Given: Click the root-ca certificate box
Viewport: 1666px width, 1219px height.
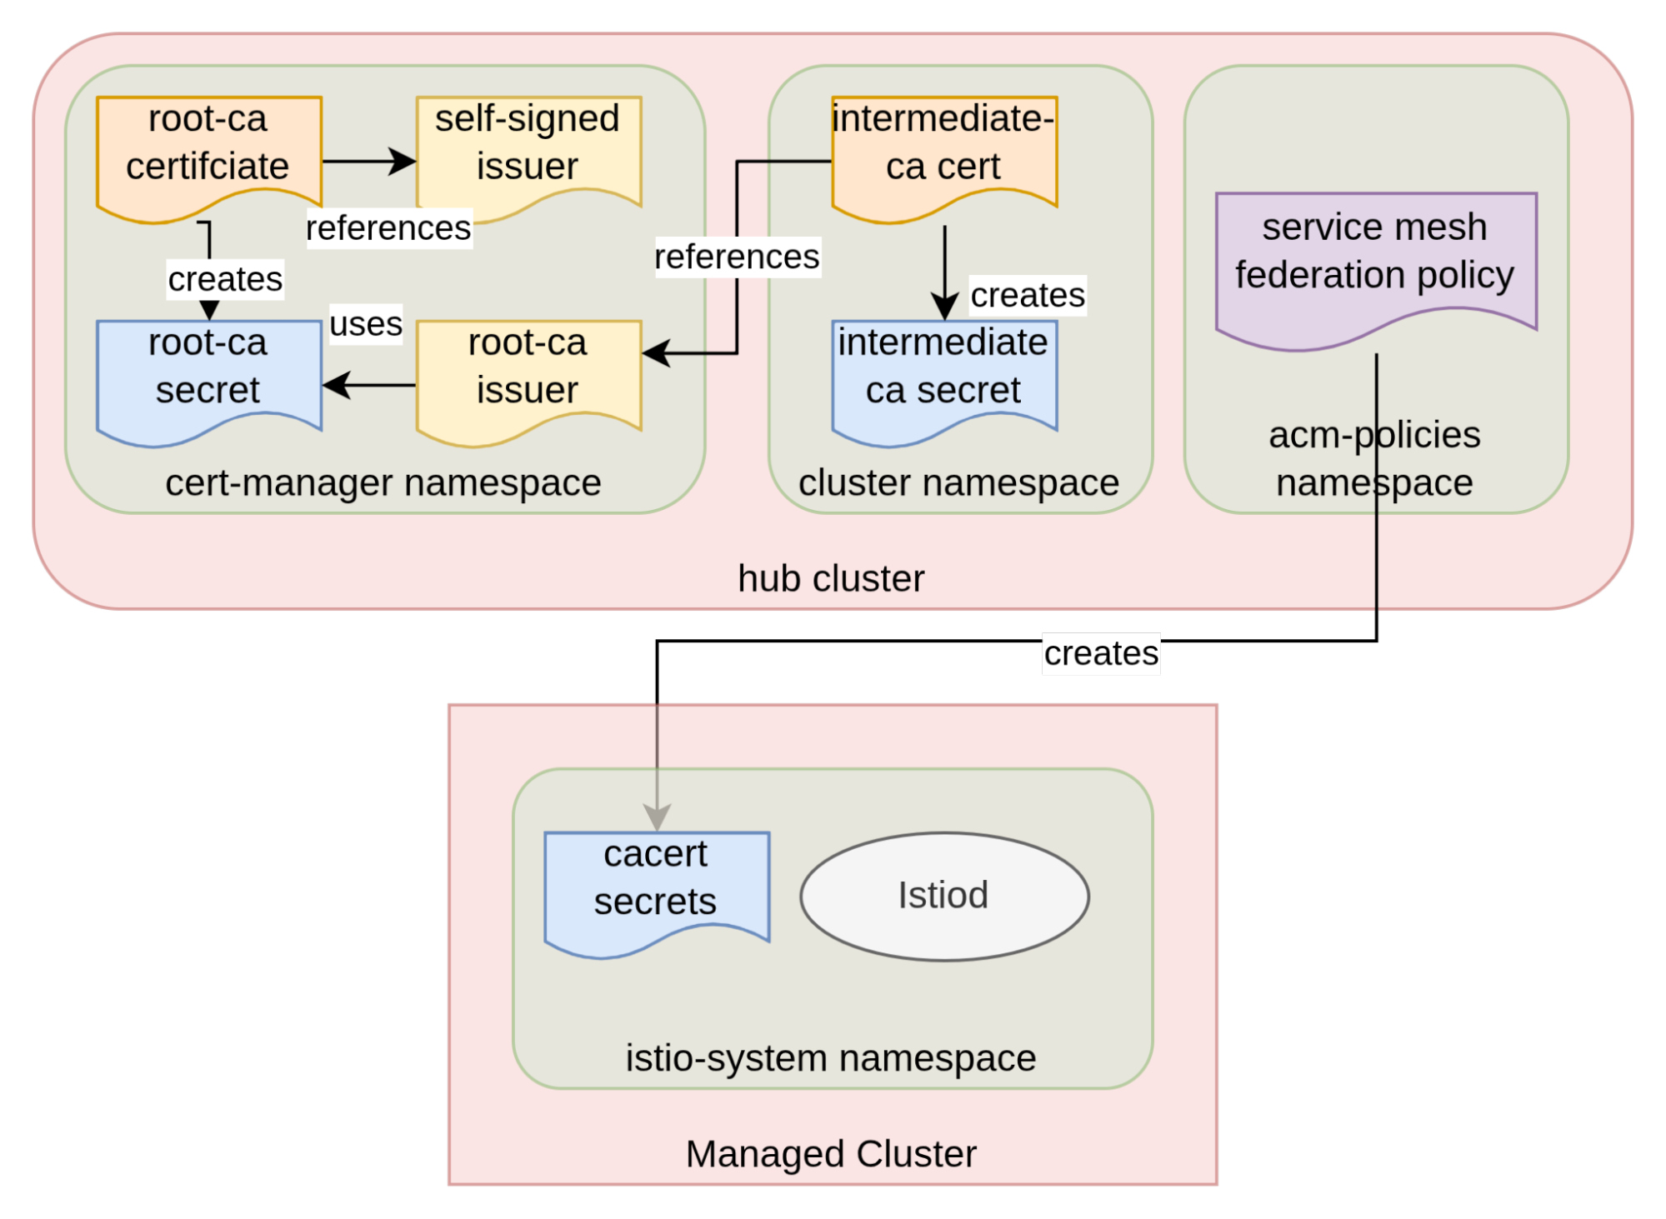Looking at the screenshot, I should pyautogui.click(x=208, y=150).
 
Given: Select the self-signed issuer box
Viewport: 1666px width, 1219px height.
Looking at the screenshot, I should pyautogui.click(x=528, y=150).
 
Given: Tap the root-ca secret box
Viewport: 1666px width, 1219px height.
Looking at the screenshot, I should pyautogui.click(x=208, y=375).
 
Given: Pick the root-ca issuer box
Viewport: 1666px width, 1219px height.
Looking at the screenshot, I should pyautogui.click(x=528, y=375).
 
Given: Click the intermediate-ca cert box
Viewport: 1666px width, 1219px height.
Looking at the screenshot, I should pyautogui.click(x=944, y=150).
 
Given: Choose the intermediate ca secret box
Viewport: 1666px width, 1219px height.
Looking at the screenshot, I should pyautogui.click(x=944, y=375).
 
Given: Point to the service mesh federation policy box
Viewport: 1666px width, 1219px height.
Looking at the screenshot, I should pyautogui.click(x=1375, y=258).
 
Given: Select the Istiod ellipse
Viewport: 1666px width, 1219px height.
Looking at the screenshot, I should pyautogui.click(x=944, y=896).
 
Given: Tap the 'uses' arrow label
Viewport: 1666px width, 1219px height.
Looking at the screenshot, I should pyautogui.click(x=366, y=323).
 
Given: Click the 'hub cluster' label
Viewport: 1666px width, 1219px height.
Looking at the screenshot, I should pyautogui.click(x=831, y=578).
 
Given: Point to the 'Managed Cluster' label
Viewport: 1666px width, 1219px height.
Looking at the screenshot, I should pyautogui.click(x=831, y=1154).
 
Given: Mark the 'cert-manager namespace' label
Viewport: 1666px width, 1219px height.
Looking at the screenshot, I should pyautogui.click(x=383, y=482).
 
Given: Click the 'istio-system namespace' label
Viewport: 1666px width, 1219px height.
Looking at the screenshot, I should pyautogui.click(x=831, y=1058).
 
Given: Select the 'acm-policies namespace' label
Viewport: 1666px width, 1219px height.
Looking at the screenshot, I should pyautogui.click(x=1375, y=458).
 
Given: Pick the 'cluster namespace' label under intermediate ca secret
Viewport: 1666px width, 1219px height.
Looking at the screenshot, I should pyautogui.click(x=958, y=482).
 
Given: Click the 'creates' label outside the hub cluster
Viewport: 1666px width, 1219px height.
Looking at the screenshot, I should pyautogui.click(x=1101, y=653).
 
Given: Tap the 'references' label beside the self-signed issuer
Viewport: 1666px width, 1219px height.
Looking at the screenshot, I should pyautogui.click(x=388, y=227).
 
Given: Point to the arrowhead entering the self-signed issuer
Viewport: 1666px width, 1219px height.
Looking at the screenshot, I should pyautogui.click(x=404, y=161).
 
